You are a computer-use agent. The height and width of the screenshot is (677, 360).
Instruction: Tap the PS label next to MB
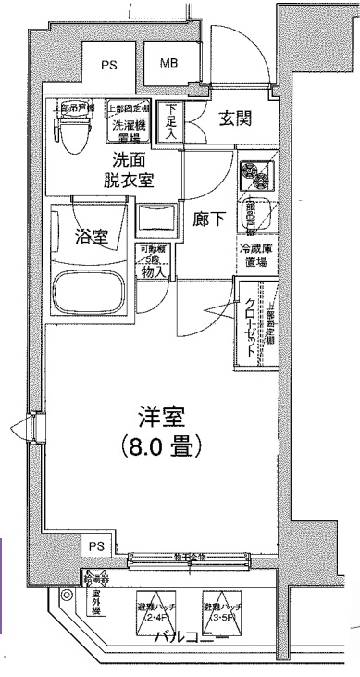[x=110, y=66]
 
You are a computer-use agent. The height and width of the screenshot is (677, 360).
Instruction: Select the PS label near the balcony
[x=98, y=545]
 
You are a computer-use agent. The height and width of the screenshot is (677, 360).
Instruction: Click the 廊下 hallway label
[x=207, y=220]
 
